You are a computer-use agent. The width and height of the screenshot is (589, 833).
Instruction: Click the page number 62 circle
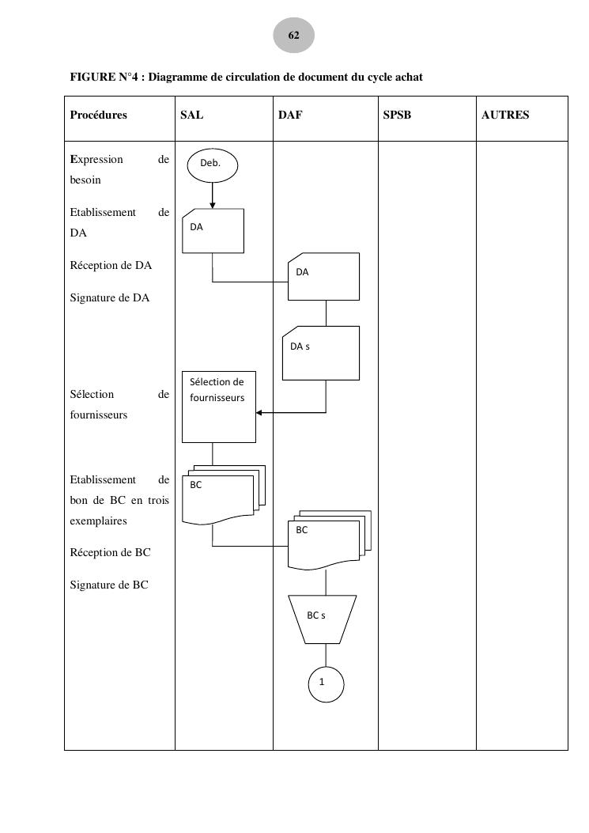(294, 36)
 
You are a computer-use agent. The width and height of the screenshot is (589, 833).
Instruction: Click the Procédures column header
(99, 115)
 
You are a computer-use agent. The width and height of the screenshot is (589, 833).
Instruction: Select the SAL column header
(192, 115)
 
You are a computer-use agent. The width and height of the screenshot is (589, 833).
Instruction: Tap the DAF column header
(290, 115)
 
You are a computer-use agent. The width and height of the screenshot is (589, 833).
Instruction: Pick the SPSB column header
(397, 115)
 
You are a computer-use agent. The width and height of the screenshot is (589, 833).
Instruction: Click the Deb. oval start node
(212, 164)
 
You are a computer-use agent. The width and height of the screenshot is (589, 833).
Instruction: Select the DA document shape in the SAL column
(213, 230)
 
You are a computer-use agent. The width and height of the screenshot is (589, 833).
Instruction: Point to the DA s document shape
(321, 352)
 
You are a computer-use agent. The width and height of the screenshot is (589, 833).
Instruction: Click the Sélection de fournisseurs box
(219, 407)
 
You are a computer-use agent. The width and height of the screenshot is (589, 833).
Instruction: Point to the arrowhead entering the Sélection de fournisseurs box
(259, 412)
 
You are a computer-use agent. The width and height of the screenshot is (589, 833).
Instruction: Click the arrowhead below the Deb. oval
(213, 205)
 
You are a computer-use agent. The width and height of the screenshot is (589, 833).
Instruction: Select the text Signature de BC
(109, 585)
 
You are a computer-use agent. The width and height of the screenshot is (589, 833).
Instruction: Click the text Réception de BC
(110, 552)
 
